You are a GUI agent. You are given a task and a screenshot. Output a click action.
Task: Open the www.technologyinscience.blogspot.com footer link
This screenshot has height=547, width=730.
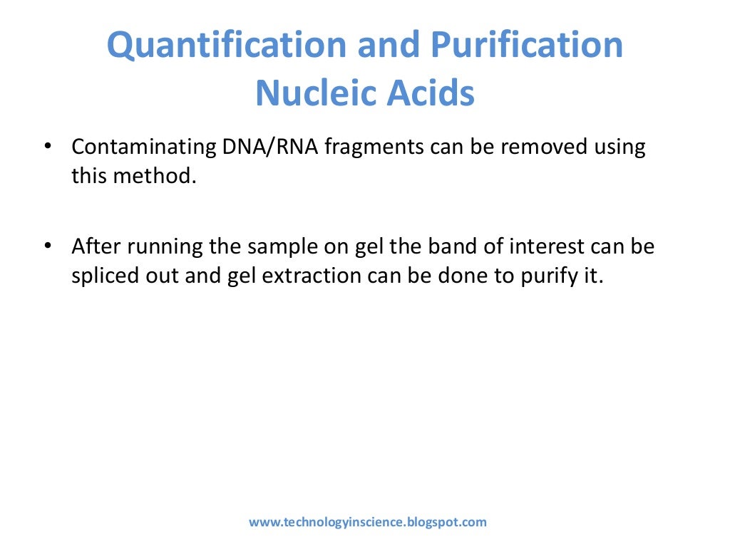(x=367, y=522)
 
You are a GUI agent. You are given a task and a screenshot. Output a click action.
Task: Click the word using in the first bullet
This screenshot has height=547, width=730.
(x=620, y=148)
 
